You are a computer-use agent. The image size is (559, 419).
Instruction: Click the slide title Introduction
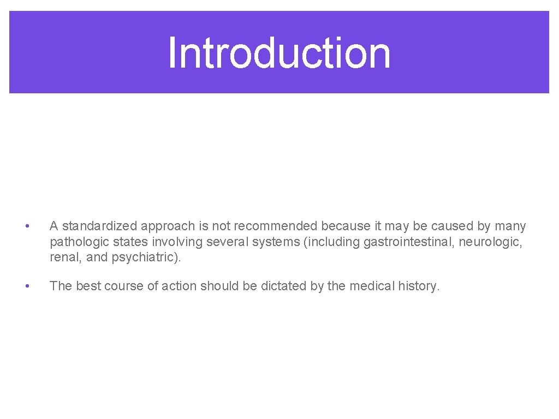click(x=279, y=53)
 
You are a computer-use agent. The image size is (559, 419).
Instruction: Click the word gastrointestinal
click(x=408, y=242)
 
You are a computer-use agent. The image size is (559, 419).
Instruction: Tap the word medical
click(x=372, y=286)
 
